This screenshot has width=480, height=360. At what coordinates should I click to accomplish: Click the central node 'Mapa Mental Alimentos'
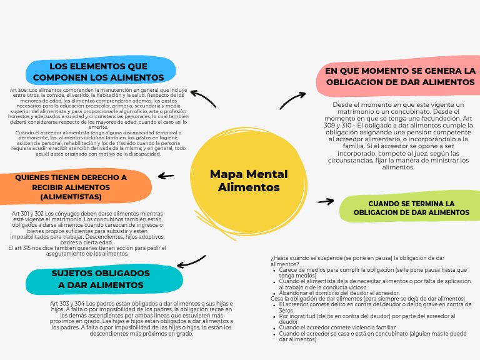click(x=249, y=181)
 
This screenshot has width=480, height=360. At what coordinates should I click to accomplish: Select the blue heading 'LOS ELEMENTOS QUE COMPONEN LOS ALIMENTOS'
click(x=98, y=72)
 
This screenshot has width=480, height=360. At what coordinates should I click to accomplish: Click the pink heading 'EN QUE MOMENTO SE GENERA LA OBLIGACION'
click(x=401, y=76)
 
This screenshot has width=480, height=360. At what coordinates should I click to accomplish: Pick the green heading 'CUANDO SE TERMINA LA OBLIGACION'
click(x=411, y=208)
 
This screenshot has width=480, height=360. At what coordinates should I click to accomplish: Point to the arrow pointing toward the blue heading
click(x=202, y=97)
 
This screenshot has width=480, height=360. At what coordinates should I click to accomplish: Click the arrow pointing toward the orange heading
click(x=166, y=176)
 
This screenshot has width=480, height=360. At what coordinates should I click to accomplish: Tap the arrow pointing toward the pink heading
click(x=292, y=99)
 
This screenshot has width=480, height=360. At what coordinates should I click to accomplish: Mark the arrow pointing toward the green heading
click(x=326, y=201)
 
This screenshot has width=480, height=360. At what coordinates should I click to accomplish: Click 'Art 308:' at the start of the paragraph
click(x=19, y=90)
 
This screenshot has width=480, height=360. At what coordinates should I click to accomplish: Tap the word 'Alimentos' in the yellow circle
click(x=249, y=187)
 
